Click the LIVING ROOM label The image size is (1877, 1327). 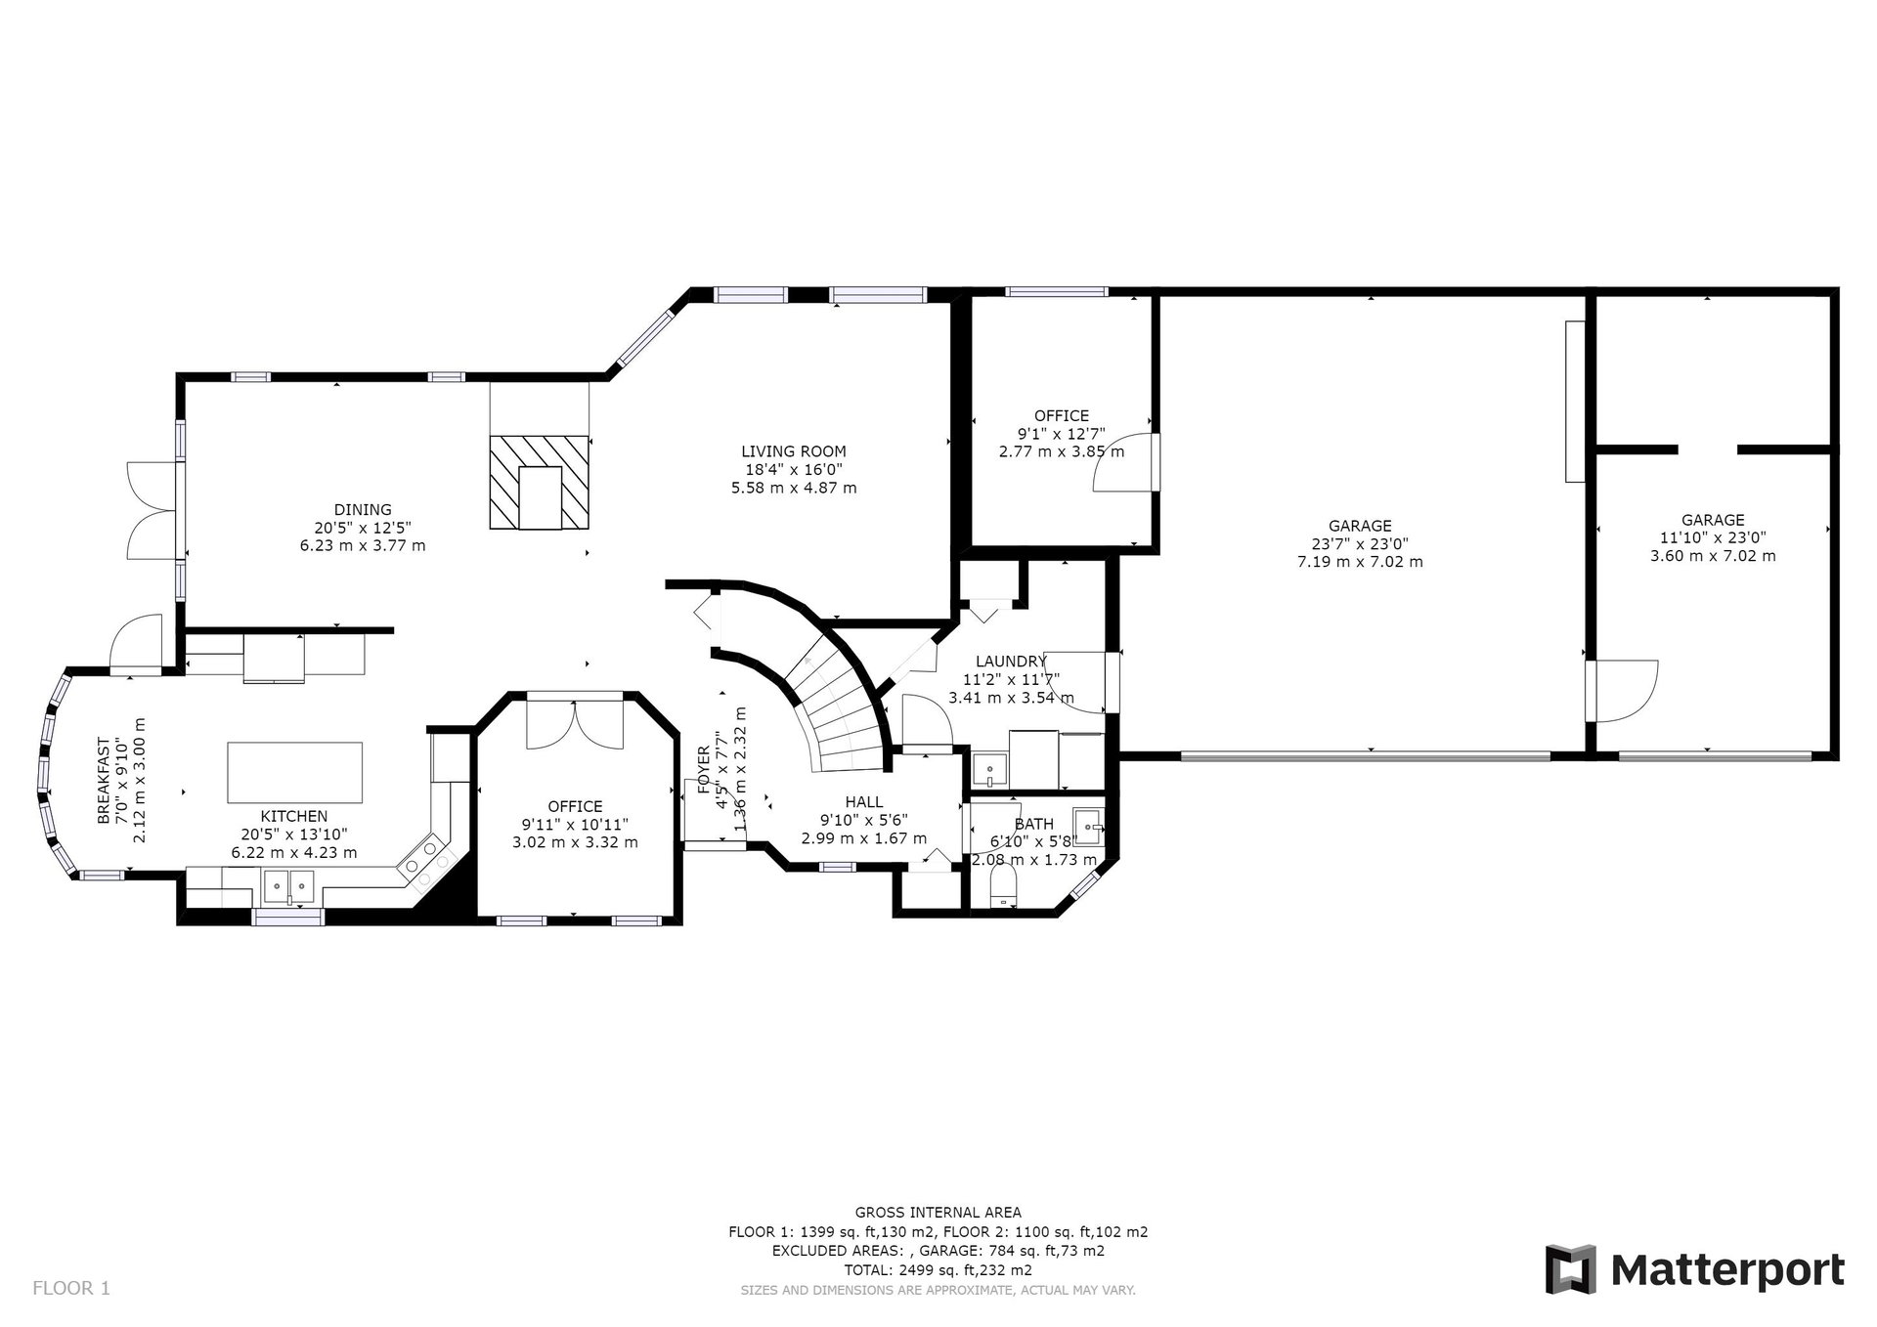coord(793,451)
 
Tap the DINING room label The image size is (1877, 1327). coord(363,509)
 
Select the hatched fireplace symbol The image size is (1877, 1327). coord(540,483)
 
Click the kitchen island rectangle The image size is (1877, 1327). coord(294,772)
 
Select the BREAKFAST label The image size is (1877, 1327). coord(105,794)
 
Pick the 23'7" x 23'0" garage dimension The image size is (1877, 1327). coord(1360,544)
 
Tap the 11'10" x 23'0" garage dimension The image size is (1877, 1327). coord(1713,537)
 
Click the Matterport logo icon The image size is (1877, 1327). coord(1570,1269)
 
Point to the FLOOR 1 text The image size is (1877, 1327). coord(71,1288)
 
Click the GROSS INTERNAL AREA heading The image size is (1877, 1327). coord(938,1213)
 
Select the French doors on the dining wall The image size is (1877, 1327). coord(152,510)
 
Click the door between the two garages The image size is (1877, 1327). coord(1622,691)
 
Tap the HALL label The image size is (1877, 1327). coord(864,802)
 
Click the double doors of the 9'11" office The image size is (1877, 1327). coord(575,724)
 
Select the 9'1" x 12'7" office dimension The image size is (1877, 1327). coord(1062,434)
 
